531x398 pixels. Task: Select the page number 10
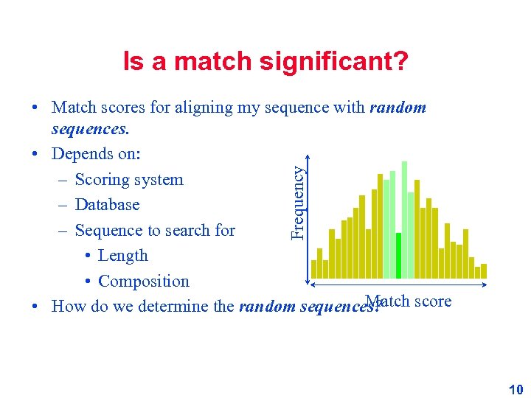(x=516, y=390)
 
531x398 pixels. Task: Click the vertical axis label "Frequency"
(x=297, y=201)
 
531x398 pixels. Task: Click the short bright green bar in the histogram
(x=398, y=256)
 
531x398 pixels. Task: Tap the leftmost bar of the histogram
(x=313, y=270)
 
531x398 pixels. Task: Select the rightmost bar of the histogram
(x=484, y=270)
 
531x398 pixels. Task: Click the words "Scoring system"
(x=129, y=180)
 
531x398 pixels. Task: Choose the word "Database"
(x=107, y=205)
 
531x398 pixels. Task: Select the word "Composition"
(x=143, y=282)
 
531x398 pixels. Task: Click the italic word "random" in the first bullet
(x=398, y=108)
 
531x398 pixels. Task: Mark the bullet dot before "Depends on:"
(x=35, y=156)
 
